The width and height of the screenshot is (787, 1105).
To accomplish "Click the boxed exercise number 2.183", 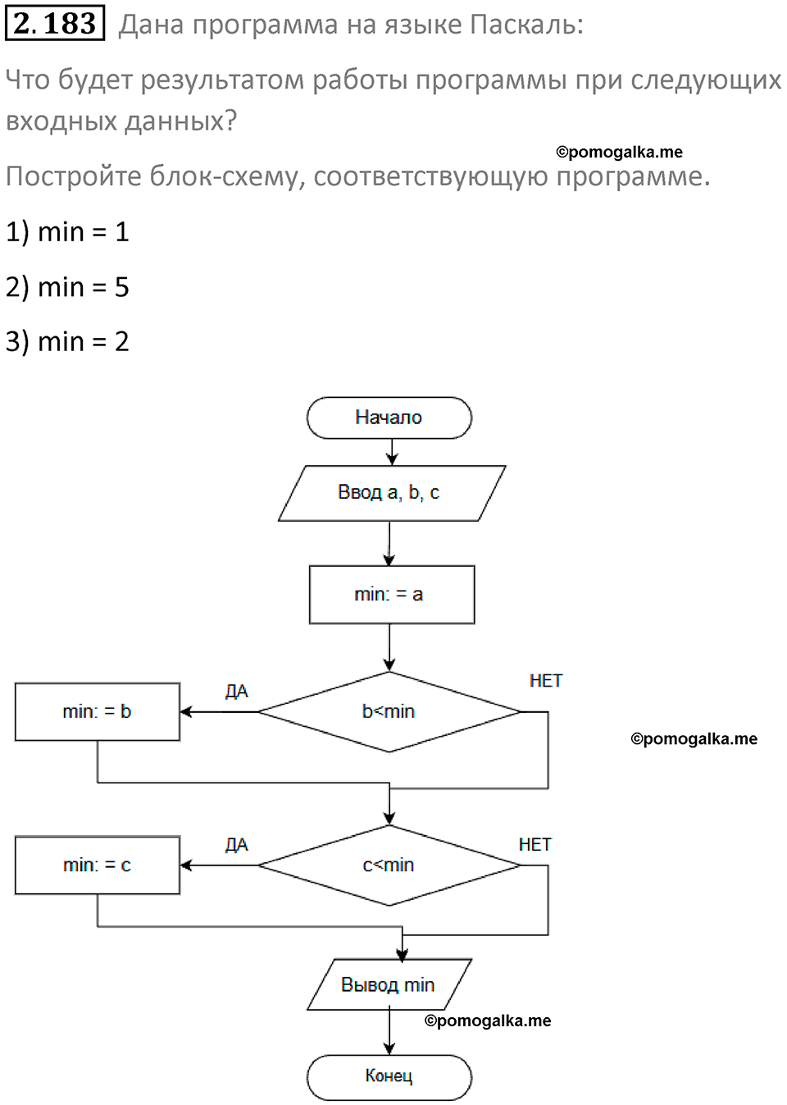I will tap(55, 23).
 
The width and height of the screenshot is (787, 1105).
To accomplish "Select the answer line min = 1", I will tap(67, 232).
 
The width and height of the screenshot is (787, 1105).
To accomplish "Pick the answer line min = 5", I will tap(67, 287).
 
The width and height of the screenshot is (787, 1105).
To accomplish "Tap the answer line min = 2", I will tap(67, 341).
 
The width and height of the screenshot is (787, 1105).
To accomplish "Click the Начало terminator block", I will tap(389, 418).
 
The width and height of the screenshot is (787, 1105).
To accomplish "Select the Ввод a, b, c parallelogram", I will tap(390, 493).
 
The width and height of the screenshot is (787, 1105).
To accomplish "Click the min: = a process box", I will tap(391, 595).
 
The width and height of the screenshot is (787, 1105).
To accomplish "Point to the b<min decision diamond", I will tap(389, 711).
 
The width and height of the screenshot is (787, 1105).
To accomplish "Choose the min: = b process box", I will tap(97, 711).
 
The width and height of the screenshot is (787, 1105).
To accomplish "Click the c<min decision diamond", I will tap(389, 865).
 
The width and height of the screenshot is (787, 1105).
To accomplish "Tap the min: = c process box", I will tap(97, 865).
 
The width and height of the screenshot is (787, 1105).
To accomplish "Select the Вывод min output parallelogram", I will tap(389, 984).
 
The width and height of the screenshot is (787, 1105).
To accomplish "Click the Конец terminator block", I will tap(389, 1076).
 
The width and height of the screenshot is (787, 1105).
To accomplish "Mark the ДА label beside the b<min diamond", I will tap(236, 692).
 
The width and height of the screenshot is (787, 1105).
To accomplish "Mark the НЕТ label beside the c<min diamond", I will tap(535, 844).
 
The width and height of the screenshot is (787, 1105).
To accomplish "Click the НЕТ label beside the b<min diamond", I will tap(545, 681).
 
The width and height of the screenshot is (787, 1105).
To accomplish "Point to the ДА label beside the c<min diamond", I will tap(236, 845).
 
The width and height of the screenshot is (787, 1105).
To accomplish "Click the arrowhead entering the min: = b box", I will tap(186, 711).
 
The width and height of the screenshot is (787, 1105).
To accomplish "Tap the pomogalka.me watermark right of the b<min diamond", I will tap(694, 738).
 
